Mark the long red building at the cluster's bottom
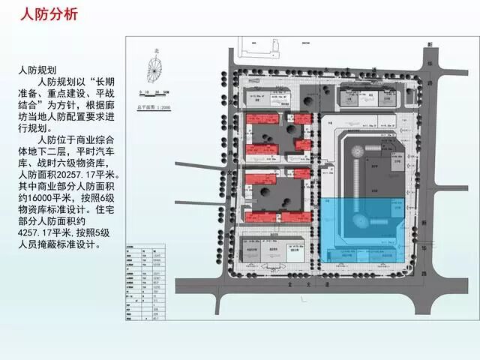pos(267,216)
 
